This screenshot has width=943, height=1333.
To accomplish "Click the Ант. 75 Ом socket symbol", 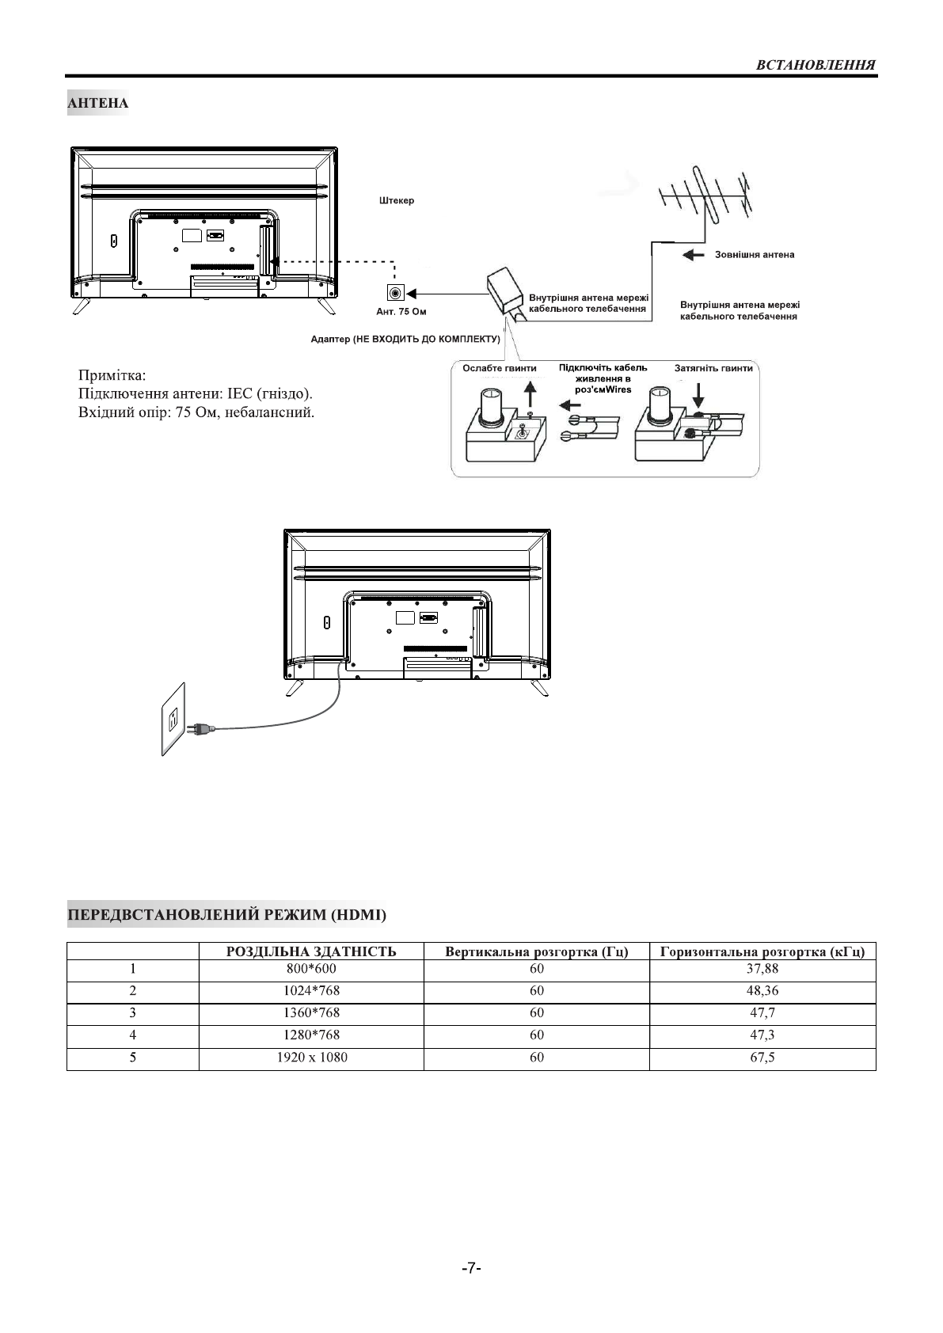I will [x=394, y=292].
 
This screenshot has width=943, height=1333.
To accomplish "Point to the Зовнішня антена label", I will [x=755, y=255].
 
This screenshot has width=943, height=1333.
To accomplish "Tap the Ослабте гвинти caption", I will [x=499, y=369].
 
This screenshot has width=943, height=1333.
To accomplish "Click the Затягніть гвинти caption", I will [x=713, y=369].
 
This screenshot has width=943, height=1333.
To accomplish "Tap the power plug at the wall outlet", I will [x=198, y=727].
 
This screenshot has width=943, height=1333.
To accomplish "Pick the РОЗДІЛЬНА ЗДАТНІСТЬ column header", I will [x=311, y=951].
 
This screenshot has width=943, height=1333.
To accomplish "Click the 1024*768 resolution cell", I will [x=311, y=990].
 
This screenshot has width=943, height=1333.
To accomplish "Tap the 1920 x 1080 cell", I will [x=311, y=1058].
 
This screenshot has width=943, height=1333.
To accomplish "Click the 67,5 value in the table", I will [x=763, y=1058].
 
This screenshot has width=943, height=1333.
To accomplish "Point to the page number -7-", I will [x=471, y=1268].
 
